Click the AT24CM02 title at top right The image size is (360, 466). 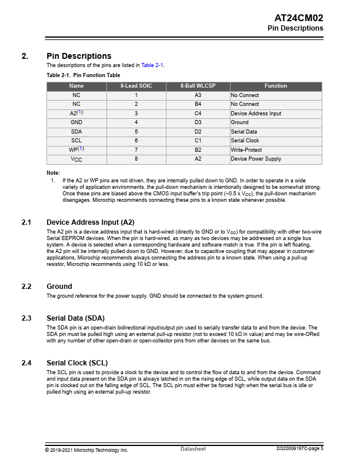(x=299, y=18)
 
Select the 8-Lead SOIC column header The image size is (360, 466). (x=136, y=86)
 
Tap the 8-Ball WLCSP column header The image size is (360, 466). (x=198, y=86)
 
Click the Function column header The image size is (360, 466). (x=275, y=86)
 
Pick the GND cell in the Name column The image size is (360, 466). (x=76, y=122)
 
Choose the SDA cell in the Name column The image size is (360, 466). (x=76, y=132)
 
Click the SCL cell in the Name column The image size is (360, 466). (x=76, y=141)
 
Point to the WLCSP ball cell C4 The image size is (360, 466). (x=198, y=114)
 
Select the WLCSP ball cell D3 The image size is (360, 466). (x=198, y=122)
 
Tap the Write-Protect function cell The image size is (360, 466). (x=246, y=150)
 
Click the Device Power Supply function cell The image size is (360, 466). (x=256, y=159)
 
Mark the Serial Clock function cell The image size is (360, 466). (x=245, y=141)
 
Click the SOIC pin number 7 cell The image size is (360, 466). (x=136, y=150)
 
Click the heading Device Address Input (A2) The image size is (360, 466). (x=90, y=222)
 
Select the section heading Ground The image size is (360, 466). (x=59, y=287)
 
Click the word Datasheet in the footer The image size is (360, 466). (x=193, y=450)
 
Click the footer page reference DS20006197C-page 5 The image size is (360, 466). (x=300, y=449)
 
